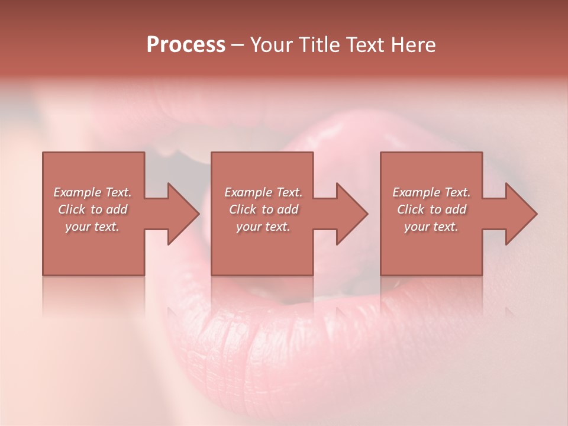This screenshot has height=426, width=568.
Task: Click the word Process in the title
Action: (186, 45)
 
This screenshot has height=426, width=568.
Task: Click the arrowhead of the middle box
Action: (351, 214)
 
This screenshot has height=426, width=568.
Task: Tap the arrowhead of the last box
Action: (521, 214)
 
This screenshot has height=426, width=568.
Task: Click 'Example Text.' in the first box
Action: (92, 192)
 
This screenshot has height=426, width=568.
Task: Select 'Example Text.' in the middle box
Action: (263, 192)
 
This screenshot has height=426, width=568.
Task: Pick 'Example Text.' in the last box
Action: (431, 192)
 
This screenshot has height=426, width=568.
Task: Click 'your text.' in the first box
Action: (92, 227)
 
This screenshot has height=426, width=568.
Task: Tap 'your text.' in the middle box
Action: (263, 227)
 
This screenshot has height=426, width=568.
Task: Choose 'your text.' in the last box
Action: (431, 227)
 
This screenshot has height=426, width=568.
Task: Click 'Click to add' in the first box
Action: (92, 209)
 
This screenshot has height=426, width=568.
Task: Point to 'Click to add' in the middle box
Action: (263, 209)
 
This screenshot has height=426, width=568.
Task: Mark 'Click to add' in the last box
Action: (431, 209)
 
